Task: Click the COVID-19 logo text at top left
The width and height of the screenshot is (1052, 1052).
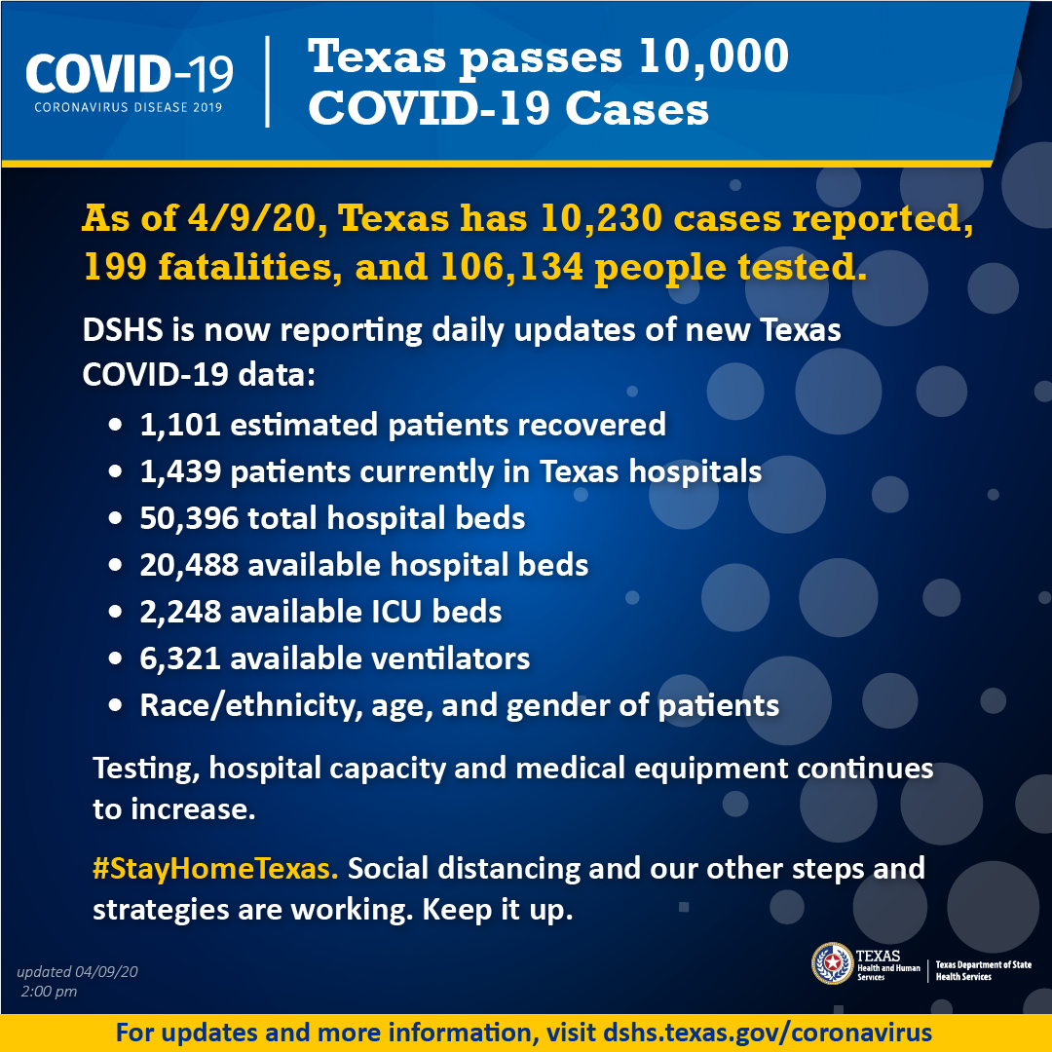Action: (130, 74)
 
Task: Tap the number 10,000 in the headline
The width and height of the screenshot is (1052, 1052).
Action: (713, 56)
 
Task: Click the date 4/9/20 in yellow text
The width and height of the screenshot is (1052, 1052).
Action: (251, 219)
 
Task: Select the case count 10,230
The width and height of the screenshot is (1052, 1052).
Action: (600, 219)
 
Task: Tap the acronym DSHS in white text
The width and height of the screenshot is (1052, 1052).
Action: (122, 330)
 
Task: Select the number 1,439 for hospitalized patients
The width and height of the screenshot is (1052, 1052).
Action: (180, 471)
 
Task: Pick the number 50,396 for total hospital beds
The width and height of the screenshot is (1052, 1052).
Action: (189, 518)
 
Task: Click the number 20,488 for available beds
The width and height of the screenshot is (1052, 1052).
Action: (189, 565)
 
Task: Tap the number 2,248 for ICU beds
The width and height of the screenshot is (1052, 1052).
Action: (180, 612)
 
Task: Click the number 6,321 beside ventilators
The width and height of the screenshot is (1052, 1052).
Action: (180, 658)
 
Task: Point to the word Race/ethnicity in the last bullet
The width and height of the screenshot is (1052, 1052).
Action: (246, 706)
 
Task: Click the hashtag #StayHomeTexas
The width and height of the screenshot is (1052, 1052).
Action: (215, 869)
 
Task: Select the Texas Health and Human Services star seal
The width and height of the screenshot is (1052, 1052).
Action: (832, 963)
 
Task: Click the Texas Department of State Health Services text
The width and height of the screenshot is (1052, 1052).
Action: (984, 970)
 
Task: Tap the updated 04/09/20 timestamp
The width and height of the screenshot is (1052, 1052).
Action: (77, 971)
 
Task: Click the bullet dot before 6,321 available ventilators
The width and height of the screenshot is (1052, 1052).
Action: (115, 658)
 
